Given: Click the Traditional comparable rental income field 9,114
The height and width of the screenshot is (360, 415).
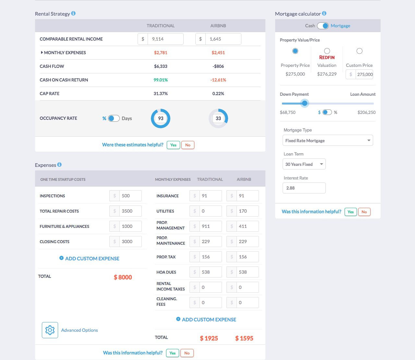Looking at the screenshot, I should point(165,39).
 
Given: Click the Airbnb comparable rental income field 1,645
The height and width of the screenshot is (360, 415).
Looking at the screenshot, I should point(223,39).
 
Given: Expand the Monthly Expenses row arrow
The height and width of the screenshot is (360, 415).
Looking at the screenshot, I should point(42,53).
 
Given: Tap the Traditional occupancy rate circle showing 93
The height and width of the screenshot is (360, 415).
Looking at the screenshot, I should point(161,118).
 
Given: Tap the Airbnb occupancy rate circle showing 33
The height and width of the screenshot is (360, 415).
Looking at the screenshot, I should point(218,118).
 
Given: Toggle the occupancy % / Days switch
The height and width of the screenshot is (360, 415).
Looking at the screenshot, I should point(114,118).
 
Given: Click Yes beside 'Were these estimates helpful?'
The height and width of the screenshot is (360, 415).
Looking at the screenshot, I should point(173,145).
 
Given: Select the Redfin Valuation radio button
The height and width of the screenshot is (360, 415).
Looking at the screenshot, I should point(327,51).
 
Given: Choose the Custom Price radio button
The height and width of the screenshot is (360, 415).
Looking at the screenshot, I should point(359,51).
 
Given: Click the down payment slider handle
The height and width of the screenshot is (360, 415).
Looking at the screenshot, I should point(304,104).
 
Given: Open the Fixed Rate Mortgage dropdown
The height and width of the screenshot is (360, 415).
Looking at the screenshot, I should point(328,141).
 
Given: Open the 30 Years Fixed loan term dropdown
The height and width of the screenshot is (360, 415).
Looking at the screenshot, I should point(304,164).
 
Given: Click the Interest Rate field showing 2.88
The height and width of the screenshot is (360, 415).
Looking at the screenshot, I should point(304,188).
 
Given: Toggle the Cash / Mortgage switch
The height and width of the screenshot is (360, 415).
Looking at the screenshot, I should point(323,26).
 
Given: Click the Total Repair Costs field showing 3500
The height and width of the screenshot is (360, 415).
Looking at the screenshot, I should point(130,211).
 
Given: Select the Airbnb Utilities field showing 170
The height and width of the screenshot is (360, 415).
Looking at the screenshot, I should point(247,211).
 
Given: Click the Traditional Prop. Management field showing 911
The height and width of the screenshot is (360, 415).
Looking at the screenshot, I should point(210,226).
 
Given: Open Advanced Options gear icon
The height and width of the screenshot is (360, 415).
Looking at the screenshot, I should point(50,330).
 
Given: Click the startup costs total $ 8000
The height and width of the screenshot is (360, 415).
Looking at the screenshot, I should point(123,277).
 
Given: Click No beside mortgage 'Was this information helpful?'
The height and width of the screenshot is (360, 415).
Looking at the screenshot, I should point(364,212).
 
